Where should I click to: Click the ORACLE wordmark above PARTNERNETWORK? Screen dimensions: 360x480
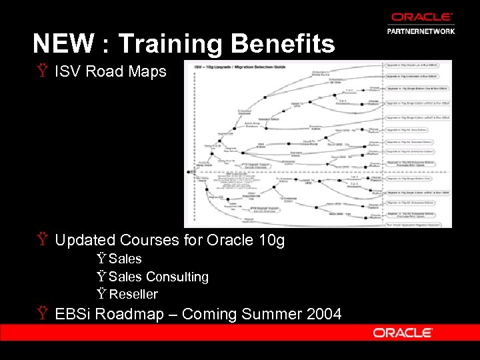[x=421, y=17]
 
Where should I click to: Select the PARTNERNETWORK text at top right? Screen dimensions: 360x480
[x=421, y=31]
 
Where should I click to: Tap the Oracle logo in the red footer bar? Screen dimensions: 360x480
[x=403, y=332]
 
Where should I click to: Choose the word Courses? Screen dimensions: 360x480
[x=146, y=240]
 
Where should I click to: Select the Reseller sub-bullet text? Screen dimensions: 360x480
[x=134, y=294]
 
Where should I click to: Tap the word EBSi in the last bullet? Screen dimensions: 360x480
[x=73, y=313]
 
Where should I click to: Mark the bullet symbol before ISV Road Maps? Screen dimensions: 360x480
[x=43, y=71]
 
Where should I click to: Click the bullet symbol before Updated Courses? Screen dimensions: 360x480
[x=43, y=240]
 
